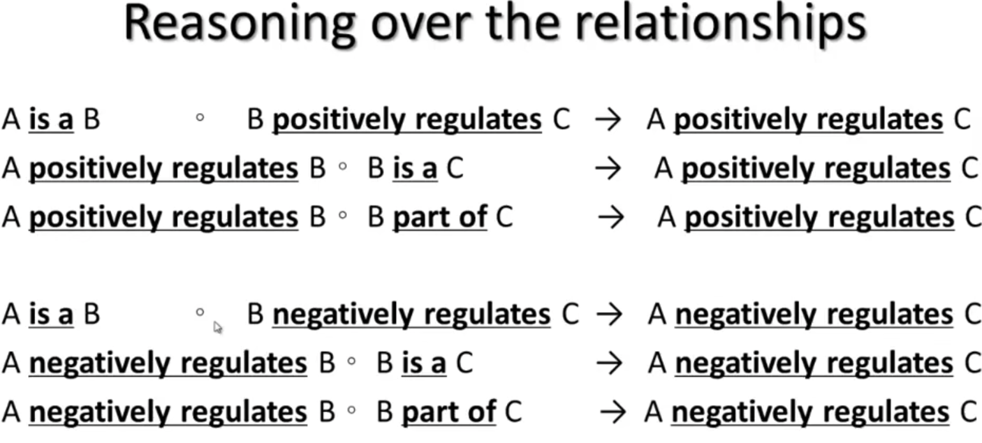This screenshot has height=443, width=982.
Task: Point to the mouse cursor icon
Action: (x=217, y=327)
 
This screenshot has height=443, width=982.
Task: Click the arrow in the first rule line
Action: (x=608, y=120)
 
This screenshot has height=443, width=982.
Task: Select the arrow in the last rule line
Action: (x=613, y=412)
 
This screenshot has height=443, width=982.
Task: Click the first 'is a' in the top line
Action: (x=51, y=120)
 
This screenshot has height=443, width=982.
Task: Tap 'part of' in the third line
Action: (x=440, y=218)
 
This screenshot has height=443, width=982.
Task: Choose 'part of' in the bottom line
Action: (x=449, y=412)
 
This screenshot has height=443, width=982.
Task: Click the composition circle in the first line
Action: (x=200, y=118)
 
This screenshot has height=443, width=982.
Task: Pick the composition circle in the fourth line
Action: (x=200, y=313)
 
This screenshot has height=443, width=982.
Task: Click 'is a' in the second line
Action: (x=415, y=169)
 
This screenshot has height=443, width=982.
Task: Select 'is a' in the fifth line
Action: (x=424, y=364)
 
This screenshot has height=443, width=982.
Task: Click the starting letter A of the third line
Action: (x=11, y=218)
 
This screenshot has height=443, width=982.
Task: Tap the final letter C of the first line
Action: (x=962, y=120)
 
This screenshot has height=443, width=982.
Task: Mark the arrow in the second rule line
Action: (x=608, y=169)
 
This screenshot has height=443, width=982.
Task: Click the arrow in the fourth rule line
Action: (x=609, y=315)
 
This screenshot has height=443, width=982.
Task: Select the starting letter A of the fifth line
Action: (x=11, y=364)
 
